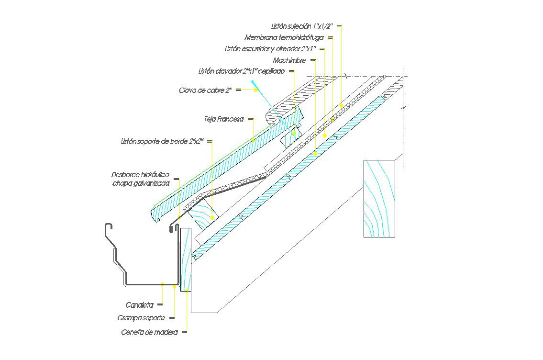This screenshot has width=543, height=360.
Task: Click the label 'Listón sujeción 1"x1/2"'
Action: pos(302,26)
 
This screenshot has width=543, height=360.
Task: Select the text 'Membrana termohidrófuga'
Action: pos(284,37)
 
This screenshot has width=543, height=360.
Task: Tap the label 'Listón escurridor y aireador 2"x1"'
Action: pos(270,49)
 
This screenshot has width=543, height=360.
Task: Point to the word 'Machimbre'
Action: pos(289,61)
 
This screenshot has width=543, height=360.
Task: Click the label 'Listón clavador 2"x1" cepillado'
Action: pos(242,71)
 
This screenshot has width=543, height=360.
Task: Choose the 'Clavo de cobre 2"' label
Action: pos(205,90)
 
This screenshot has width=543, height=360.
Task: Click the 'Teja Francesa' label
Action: pos(224,119)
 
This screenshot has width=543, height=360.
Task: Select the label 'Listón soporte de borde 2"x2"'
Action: pos(162,141)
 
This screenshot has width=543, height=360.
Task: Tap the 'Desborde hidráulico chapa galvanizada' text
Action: pos(141,179)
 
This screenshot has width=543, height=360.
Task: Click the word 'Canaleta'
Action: pos(140,305)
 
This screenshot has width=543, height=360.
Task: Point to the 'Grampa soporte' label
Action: pos(141,318)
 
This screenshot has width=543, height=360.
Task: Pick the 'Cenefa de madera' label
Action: pos(150,333)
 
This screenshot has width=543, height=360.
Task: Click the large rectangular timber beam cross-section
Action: pos(379,199)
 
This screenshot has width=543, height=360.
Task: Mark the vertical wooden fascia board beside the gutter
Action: pos(186,259)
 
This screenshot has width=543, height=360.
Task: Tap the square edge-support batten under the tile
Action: pos(203,214)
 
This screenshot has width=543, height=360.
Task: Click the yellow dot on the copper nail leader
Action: pos(256,90)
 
